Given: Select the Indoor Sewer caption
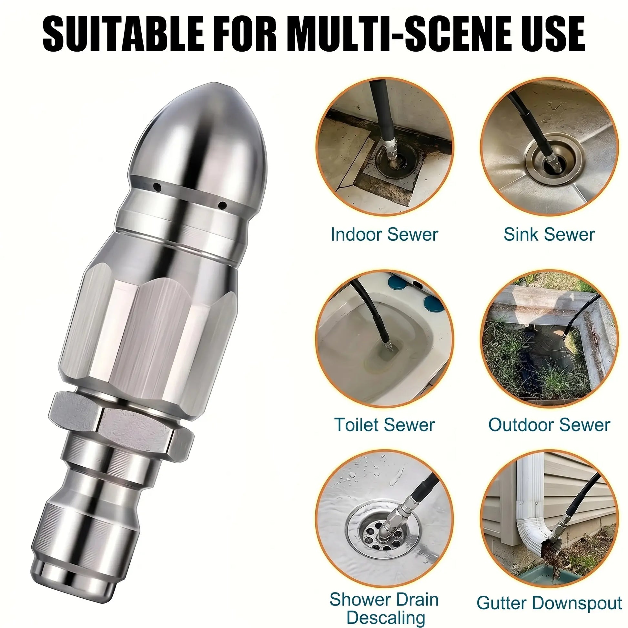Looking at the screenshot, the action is coord(384,235).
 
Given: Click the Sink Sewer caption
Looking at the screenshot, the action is coord(549,235).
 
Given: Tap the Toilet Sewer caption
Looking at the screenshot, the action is coord(384,425).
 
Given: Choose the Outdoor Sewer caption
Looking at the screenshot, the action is coord(549,425).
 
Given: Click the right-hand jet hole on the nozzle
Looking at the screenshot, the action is coord(223,206).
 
